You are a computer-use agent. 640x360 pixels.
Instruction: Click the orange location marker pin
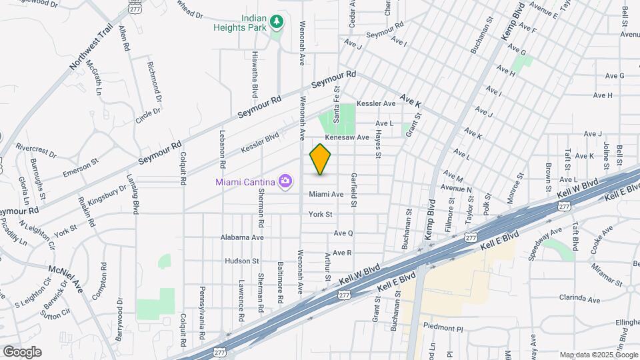point(321,159)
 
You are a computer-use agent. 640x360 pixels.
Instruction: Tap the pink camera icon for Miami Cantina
point(286,181)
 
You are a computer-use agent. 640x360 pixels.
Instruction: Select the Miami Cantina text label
point(245,182)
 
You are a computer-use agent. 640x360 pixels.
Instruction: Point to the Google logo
point(21,352)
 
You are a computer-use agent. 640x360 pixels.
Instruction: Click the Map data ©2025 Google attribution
point(598,355)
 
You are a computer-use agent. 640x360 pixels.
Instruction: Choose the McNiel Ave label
point(65,277)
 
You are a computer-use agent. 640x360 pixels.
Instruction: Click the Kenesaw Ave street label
point(347,137)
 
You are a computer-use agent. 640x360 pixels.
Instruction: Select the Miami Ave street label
point(326,194)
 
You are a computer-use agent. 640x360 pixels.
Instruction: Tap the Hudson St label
point(241,261)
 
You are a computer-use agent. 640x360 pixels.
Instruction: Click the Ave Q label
point(343,233)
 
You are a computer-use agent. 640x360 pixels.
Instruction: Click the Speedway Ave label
point(543,245)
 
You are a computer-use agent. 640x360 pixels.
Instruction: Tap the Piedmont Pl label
point(443,328)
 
